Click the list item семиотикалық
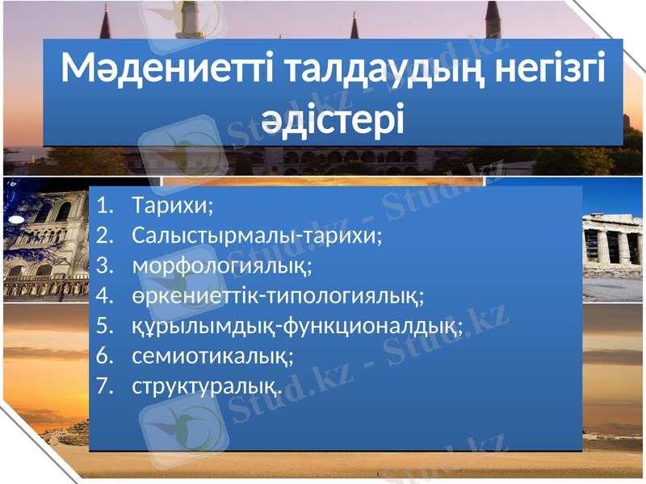click(x=212, y=356)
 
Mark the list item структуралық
click(x=207, y=386)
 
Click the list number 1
click(x=102, y=206)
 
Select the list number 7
click(x=102, y=386)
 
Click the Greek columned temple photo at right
click(x=614, y=242)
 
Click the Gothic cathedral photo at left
click(x=44, y=242)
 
